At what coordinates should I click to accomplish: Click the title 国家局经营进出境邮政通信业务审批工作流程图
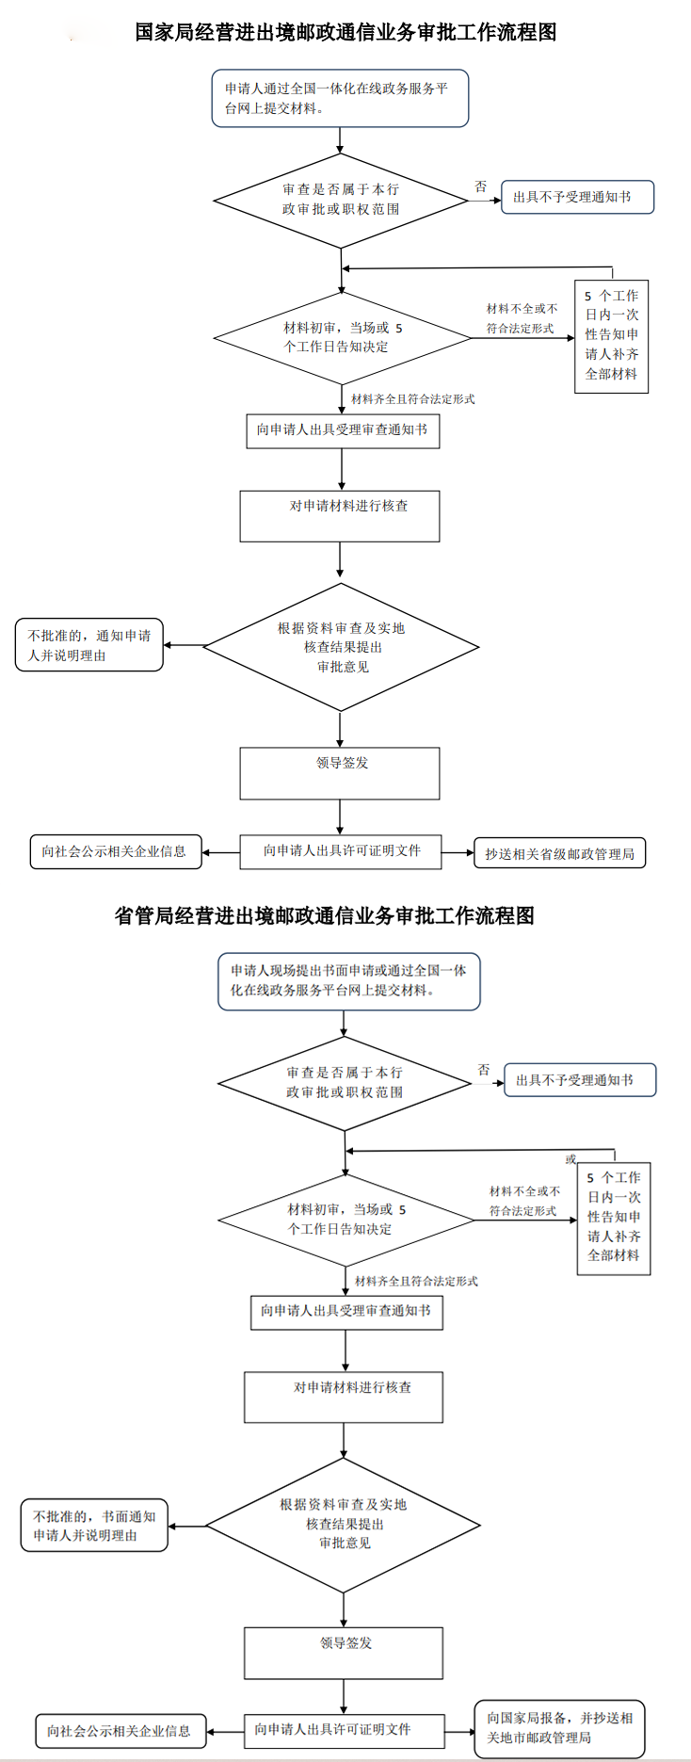(x=345, y=32)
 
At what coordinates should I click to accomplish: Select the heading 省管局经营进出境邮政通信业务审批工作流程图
(x=325, y=915)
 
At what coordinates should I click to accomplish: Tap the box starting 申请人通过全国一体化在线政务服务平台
(x=340, y=98)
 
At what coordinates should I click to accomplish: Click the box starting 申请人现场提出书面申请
(x=348, y=981)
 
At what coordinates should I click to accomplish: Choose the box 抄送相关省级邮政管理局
(x=559, y=854)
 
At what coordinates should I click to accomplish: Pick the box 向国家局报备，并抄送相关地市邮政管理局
(x=559, y=1728)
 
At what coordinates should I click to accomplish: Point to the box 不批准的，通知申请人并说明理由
(x=89, y=645)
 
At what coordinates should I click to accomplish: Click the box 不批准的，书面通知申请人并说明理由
(x=94, y=1526)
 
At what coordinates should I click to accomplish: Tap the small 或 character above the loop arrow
(x=570, y=1159)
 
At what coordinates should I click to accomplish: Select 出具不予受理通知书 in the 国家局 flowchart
(x=576, y=198)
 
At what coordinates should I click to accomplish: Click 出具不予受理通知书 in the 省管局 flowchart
(x=579, y=1080)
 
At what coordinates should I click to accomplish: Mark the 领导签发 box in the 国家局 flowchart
(x=340, y=773)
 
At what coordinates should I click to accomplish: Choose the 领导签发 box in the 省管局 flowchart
(x=344, y=1653)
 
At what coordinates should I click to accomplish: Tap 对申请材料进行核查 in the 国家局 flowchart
(x=340, y=516)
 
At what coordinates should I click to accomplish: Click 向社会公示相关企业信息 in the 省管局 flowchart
(x=120, y=1731)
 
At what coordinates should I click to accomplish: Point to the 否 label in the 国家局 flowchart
(x=481, y=187)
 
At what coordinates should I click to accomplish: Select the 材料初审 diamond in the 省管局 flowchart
(x=345, y=1220)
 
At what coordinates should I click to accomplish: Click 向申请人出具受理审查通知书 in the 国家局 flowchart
(x=343, y=430)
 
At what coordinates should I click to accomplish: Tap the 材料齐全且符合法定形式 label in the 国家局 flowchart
(x=412, y=399)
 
